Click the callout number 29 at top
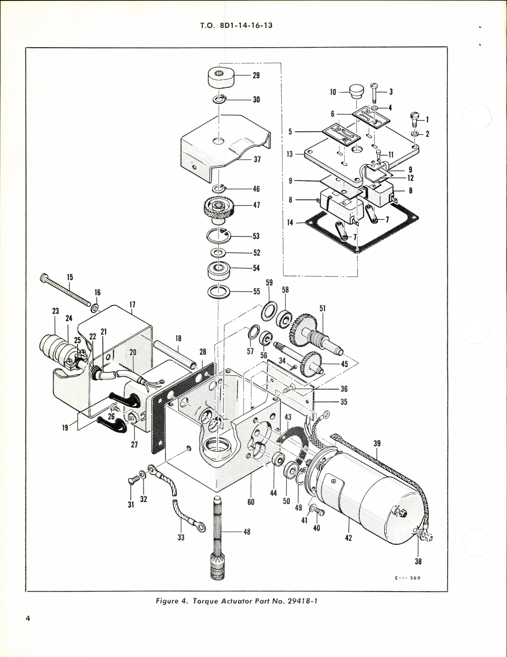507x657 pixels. click(256, 76)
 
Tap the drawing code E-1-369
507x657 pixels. click(407, 578)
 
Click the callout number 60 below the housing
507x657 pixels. click(251, 502)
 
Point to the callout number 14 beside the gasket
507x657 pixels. click(290, 223)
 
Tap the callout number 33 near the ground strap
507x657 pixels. click(181, 537)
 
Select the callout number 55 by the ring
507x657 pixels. click(256, 291)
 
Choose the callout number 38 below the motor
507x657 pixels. click(418, 561)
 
